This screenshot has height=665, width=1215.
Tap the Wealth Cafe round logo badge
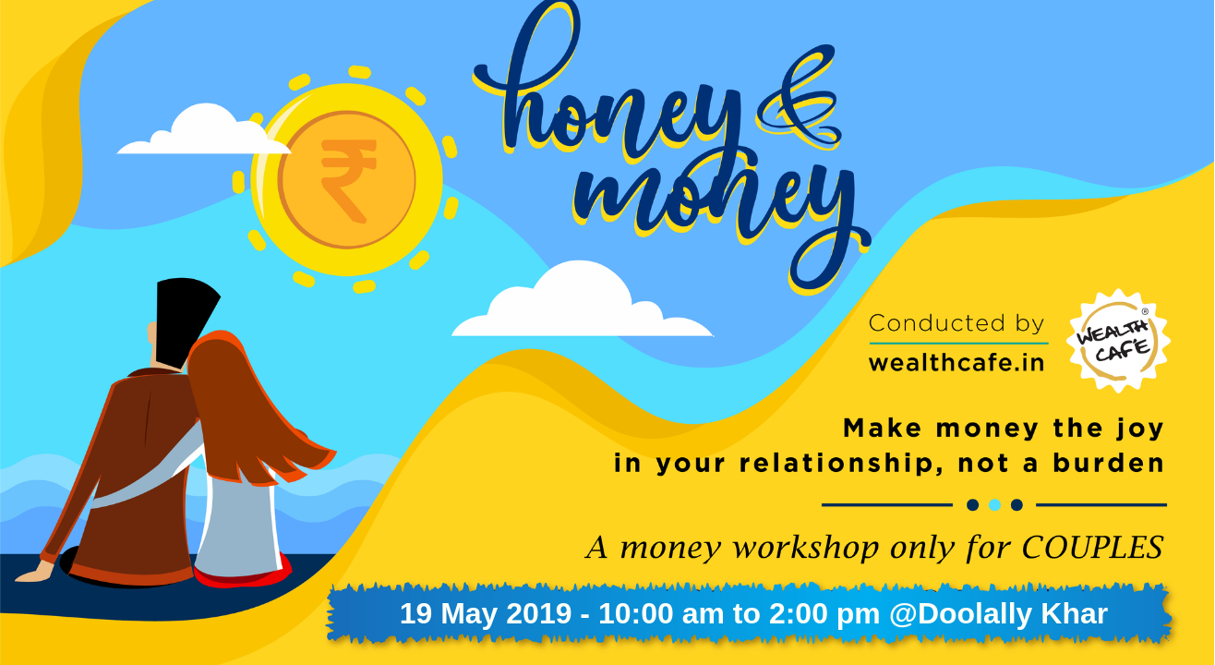(1118, 341)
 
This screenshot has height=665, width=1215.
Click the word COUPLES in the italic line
(1092, 547)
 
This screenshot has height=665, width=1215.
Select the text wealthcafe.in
(956, 363)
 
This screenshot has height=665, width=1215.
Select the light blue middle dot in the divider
(994, 505)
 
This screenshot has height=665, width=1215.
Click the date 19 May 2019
(486, 614)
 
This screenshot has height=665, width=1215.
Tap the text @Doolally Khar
(999, 614)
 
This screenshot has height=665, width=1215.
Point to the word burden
(1109, 464)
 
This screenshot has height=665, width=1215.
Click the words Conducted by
(956, 323)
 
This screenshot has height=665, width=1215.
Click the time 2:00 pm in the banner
(824, 614)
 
